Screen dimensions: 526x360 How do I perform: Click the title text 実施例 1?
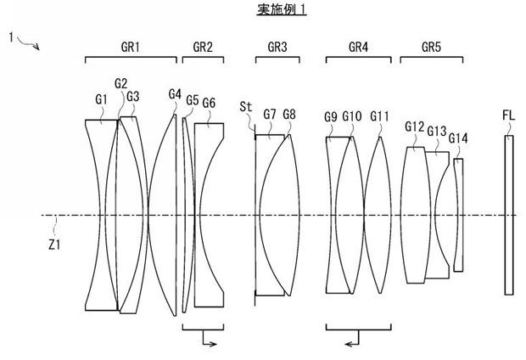[x=282, y=9]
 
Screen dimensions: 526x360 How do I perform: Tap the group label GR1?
[x=131, y=47]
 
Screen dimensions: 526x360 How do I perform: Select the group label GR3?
[x=277, y=47]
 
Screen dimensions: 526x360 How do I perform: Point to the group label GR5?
[x=431, y=47]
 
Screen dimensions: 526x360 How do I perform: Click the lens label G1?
[x=101, y=99]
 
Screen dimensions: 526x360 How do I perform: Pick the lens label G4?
[x=175, y=94]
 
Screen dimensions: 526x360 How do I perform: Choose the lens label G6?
[x=209, y=103]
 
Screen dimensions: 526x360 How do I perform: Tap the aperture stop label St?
[x=245, y=107]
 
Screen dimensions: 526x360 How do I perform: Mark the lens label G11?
[x=379, y=116]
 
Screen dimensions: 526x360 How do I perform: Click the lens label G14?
[x=458, y=138]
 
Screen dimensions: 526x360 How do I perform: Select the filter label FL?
[x=508, y=115]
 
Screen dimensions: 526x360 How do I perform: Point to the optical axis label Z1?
[x=54, y=245]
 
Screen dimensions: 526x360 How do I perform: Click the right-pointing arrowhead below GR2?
[x=213, y=344]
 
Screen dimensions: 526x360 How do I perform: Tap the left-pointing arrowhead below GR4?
[x=349, y=344]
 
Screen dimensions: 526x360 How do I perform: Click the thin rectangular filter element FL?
[x=509, y=216]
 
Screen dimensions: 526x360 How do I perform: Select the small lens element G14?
[x=459, y=215]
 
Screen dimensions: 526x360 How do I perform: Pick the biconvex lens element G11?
[x=378, y=215]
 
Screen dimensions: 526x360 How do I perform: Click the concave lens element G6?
[x=210, y=215]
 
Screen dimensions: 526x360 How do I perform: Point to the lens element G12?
[x=416, y=215]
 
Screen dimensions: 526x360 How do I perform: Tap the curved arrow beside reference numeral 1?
[x=28, y=43]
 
